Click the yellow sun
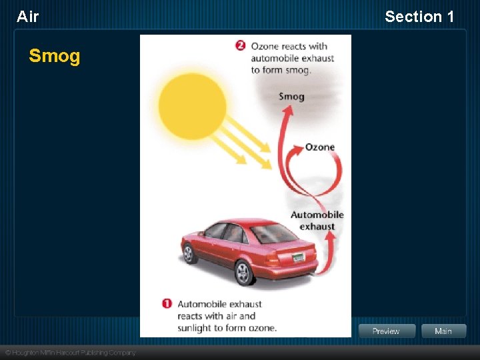pyautogui.click(x=193, y=106)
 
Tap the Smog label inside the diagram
pyautogui.click(x=291, y=96)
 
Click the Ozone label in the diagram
pyautogui.click(x=319, y=147)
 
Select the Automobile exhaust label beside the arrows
pyautogui.click(x=317, y=221)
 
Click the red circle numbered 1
pyautogui.click(x=167, y=304)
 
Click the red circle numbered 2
pyautogui.click(x=240, y=46)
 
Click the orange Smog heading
pyautogui.click(x=54, y=56)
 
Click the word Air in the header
pyautogui.click(x=28, y=17)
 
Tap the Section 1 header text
pyautogui.click(x=419, y=17)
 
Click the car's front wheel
pyautogui.click(x=189, y=253)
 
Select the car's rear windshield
pyautogui.click(x=273, y=233)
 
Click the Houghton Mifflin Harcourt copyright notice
pyautogui.click(x=70, y=353)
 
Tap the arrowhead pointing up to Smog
pyautogui.click(x=287, y=111)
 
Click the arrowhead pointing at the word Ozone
pyautogui.click(x=297, y=149)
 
